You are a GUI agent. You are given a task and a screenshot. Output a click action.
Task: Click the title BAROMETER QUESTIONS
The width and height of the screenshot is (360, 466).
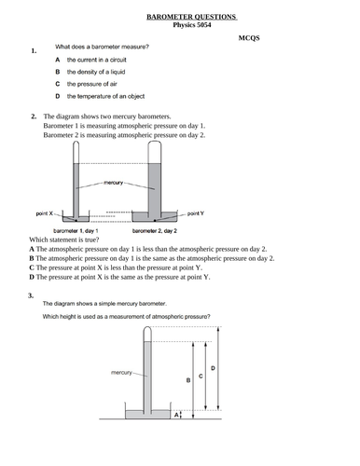coord(191,17)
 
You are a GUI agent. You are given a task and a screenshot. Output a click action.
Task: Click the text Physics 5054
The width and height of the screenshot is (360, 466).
coord(192,25)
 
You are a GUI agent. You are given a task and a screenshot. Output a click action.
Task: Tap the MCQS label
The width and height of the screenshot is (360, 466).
coord(249,38)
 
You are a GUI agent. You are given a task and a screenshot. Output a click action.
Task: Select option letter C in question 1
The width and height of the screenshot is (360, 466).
coord(58,84)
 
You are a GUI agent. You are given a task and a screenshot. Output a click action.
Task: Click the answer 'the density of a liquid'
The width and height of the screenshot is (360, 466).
coord(96,72)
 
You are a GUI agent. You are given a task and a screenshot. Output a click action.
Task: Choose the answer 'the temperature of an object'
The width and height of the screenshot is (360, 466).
coord(105,96)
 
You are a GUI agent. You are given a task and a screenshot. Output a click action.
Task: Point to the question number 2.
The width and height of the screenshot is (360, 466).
coord(34,116)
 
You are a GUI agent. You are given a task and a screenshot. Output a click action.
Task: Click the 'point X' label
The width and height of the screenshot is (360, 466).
coord(45,213)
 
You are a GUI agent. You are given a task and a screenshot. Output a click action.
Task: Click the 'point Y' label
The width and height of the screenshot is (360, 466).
coord(196,213)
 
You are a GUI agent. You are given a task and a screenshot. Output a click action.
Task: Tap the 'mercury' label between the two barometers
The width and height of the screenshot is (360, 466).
coord(113,183)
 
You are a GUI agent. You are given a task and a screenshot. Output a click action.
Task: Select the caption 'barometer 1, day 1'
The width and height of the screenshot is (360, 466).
coord(76,231)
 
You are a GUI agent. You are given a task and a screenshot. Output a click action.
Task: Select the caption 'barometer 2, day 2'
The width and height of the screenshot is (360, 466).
coord(155,231)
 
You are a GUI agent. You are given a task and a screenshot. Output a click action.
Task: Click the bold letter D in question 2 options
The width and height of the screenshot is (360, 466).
coord(32,277)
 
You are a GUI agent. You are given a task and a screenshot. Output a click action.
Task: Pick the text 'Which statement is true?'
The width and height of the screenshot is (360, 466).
coord(64,240)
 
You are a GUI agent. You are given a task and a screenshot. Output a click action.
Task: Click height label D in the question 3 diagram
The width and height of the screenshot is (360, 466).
coord(213,368)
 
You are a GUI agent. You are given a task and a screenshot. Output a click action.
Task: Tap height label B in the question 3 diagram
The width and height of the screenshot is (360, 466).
coord(188,380)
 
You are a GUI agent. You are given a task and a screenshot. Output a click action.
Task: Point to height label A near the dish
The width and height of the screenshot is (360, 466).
coord(176,415)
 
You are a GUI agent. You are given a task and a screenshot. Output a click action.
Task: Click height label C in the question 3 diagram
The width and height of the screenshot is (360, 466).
coord(201,377)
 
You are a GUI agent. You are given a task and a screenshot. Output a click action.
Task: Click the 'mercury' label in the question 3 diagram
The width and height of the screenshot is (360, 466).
coord(121,373)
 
